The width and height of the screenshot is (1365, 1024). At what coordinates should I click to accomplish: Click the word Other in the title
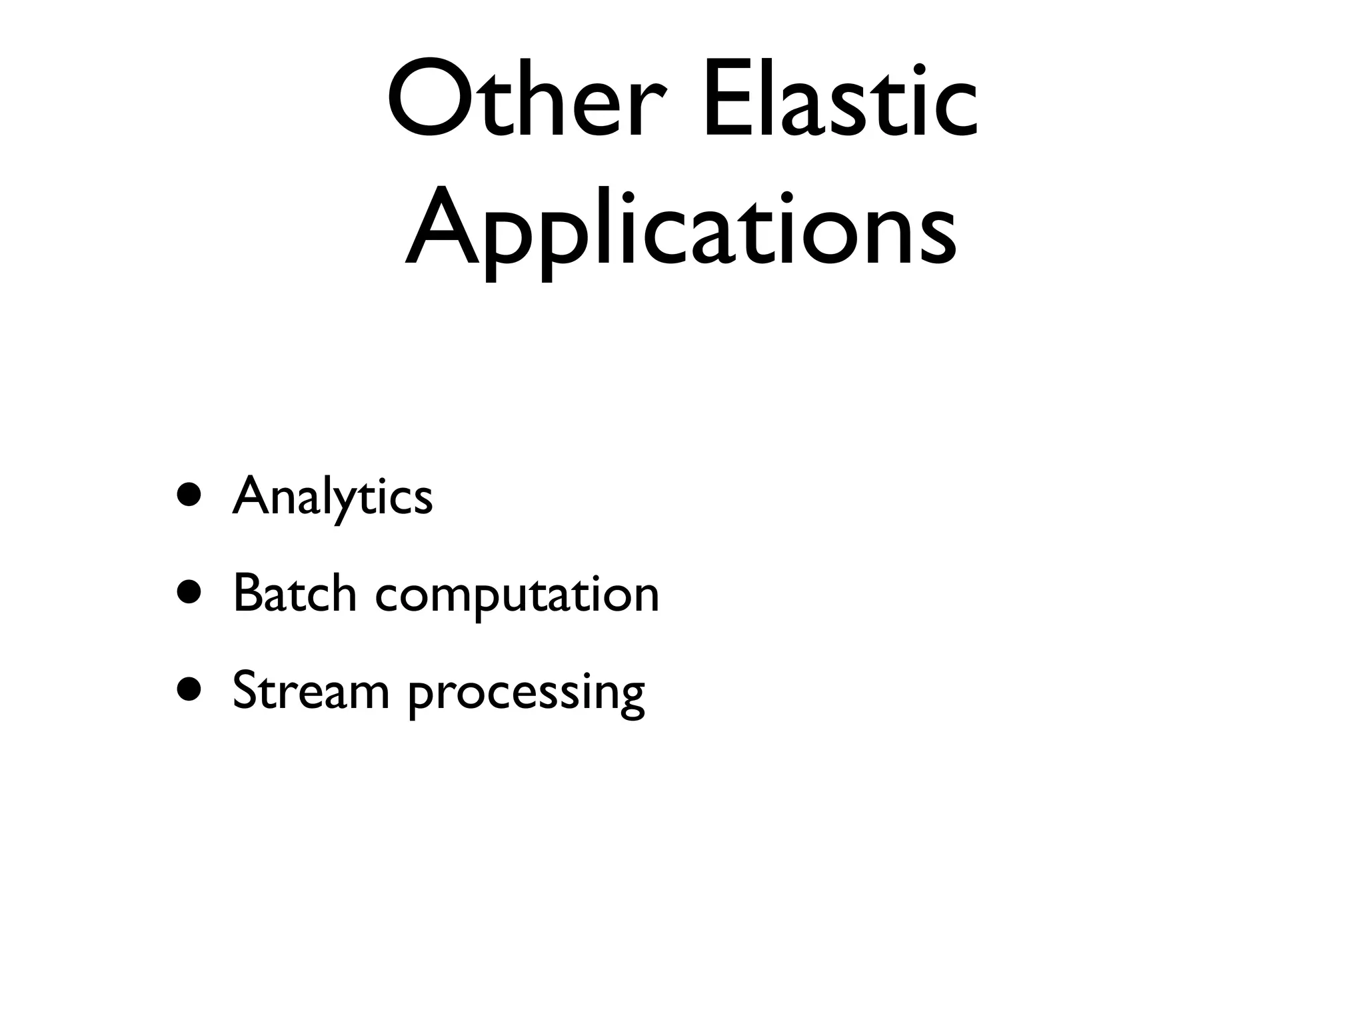527,100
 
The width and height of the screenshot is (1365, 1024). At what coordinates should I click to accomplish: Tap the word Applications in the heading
681,227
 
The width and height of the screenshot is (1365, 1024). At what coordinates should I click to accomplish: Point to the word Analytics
333,497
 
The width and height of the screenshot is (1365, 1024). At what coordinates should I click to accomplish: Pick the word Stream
311,691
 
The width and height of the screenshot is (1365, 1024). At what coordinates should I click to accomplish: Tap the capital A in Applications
443,227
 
